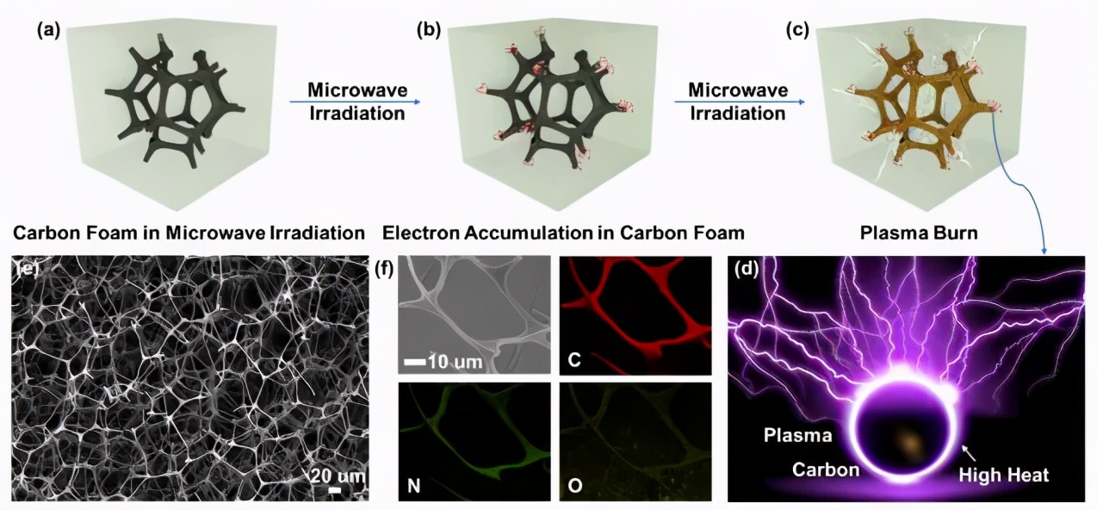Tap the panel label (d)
[x=745, y=268]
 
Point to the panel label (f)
[x=385, y=268]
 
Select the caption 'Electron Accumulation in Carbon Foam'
[x=563, y=233]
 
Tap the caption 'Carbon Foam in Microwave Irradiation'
[x=184, y=233]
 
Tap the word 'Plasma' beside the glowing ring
[x=797, y=435]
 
